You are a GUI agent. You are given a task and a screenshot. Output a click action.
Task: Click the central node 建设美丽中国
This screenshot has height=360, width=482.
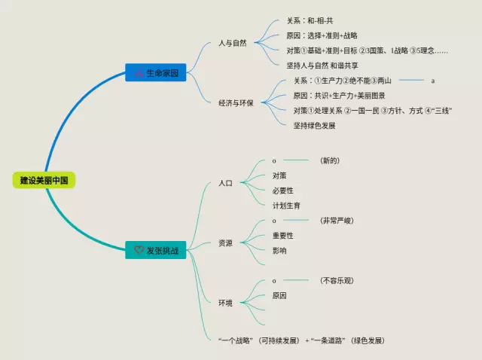point(44,181)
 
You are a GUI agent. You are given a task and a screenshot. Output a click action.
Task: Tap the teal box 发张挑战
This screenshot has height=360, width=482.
point(155,250)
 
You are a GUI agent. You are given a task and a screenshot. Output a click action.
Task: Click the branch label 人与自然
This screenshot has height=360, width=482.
point(232,43)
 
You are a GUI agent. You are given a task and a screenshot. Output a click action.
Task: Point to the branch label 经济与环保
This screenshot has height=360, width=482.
point(236,102)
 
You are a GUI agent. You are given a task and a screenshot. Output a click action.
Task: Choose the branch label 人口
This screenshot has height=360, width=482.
point(225,183)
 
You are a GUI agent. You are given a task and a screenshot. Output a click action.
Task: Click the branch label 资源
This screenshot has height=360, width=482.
point(225,243)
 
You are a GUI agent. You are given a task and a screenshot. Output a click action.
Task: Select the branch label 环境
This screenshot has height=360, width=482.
point(225,303)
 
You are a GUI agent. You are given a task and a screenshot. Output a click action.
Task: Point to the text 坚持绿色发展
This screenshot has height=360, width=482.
point(314,125)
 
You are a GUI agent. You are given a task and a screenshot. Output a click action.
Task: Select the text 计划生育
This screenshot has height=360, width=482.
point(286,205)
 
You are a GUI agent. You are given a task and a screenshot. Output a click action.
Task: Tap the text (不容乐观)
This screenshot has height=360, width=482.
point(336,281)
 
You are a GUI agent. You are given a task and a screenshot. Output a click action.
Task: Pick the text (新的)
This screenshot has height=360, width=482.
point(330,160)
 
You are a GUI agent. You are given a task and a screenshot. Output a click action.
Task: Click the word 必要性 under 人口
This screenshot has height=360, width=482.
point(282,191)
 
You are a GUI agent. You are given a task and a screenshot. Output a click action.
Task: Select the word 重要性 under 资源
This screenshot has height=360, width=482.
point(282,236)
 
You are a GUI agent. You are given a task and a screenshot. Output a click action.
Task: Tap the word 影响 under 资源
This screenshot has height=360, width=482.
point(279,251)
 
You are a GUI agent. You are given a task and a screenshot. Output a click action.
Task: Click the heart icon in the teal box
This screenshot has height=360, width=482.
point(139,250)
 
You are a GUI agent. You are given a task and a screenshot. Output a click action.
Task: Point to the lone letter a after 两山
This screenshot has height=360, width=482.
point(433,81)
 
